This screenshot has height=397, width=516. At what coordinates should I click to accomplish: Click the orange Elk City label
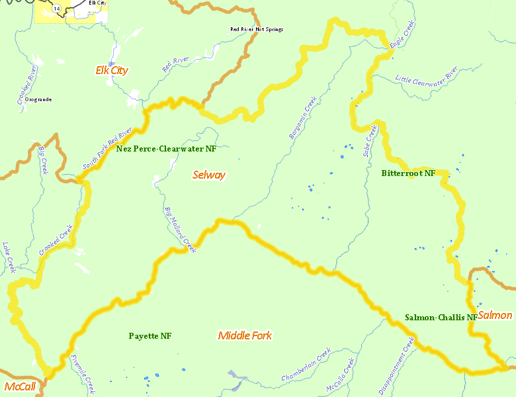112,70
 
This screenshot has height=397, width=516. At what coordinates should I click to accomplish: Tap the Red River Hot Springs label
257,29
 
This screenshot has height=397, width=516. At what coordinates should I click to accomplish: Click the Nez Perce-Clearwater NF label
166,149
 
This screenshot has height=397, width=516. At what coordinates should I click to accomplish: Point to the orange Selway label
209,175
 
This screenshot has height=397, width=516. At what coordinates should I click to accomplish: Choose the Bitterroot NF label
408,173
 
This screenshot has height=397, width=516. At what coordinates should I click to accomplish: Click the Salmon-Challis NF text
441,318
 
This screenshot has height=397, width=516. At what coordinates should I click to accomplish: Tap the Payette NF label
150,336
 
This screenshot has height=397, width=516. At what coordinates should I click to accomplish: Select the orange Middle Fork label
245,335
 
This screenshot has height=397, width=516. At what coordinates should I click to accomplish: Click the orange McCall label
19,386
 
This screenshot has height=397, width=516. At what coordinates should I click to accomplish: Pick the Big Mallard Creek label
180,229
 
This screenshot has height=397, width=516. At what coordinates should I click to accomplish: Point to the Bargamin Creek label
303,118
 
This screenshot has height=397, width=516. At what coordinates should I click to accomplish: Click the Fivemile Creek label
83,375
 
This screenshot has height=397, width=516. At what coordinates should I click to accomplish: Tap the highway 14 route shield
58,8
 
